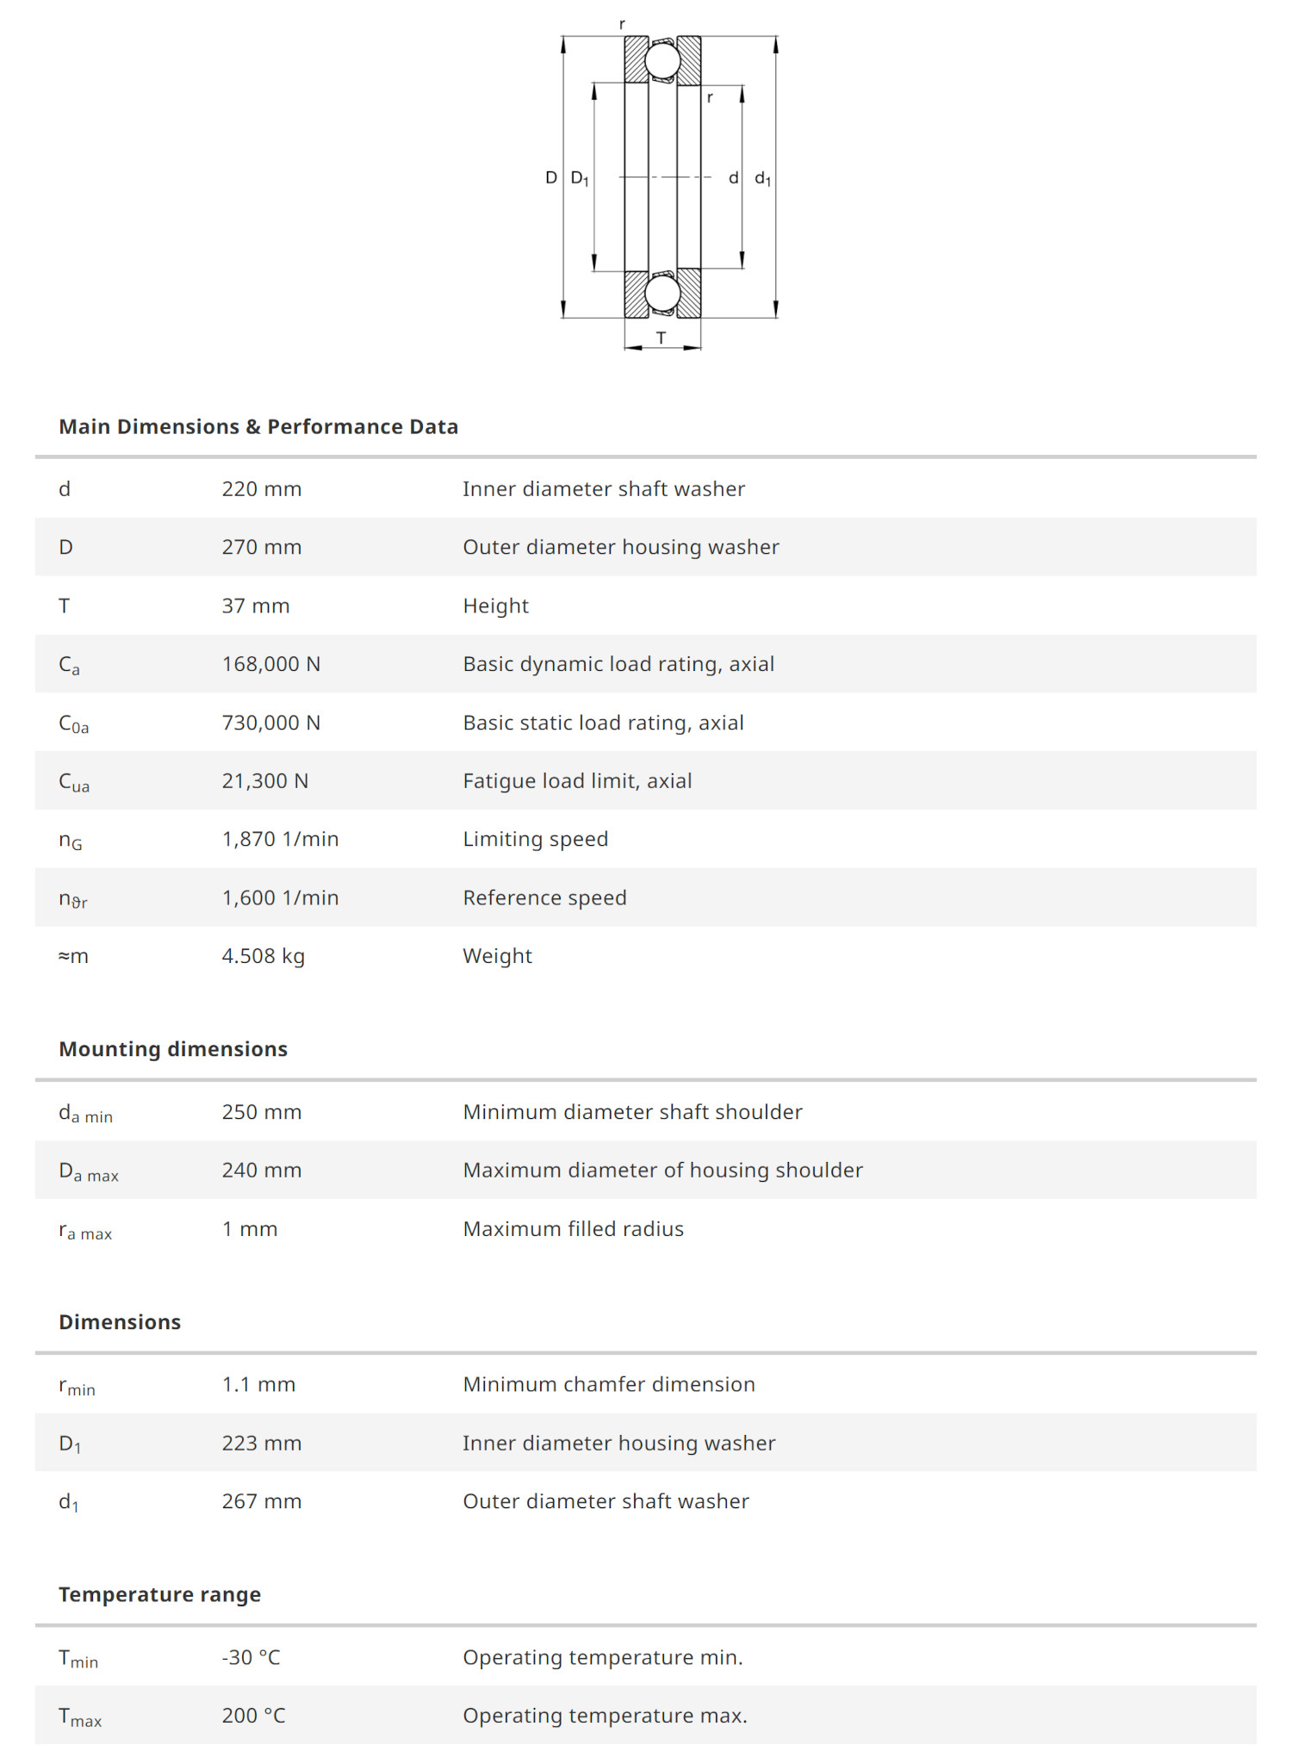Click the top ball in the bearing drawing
click(x=662, y=60)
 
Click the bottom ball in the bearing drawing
click(x=662, y=294)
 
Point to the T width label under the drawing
click(x=661, y=338)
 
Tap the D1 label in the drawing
click(x=580, y=178)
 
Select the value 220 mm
click(x=262, y=489)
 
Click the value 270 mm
click(x=262, y=547)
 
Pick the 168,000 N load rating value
click(x=271, y=664)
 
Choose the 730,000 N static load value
click(x=271, y=723)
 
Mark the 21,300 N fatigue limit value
click(x=265, y=781)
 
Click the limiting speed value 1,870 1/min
click(x=280, y=839)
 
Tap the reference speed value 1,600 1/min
click(x=280, y=897)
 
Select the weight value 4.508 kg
click(x=264, y=956)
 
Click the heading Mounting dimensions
click(x=173, y=1049)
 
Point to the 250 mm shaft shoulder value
click(x=262, y=1112)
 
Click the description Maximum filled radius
click(x=573, y=1229)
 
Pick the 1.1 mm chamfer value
click(x=258, y=1384)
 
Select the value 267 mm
click(x=262, y=1501)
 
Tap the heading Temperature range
click(x=159, y=1594)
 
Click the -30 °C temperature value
click(x=252, y=1657)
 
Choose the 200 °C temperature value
click(x=253, y=1716)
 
